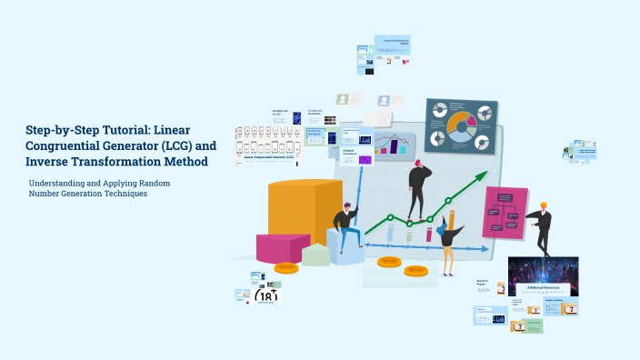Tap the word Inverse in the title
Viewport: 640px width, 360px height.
pyautogui.click(x=52, y=162)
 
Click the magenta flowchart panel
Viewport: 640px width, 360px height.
pyautogui.click(x=505, y=213)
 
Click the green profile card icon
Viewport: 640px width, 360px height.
pyautogui.click(x=343, y=100)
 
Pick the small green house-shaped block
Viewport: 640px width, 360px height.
pyautogui.click(x=315, y=254)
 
